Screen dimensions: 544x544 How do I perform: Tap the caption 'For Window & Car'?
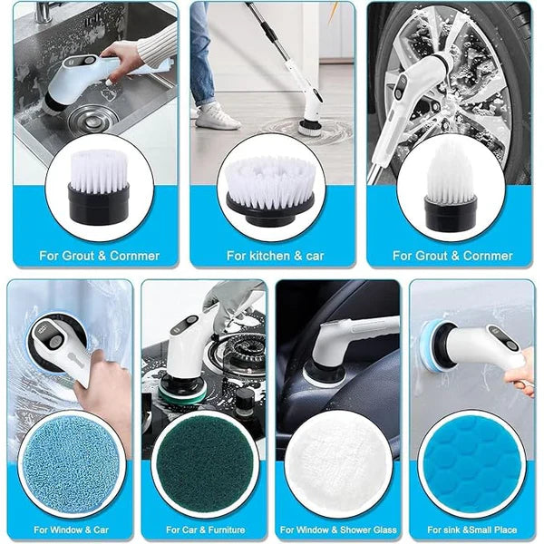pos(70,528)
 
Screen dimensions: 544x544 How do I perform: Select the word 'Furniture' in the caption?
pos(224,528)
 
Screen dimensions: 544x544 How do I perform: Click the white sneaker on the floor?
pos(218,116)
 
